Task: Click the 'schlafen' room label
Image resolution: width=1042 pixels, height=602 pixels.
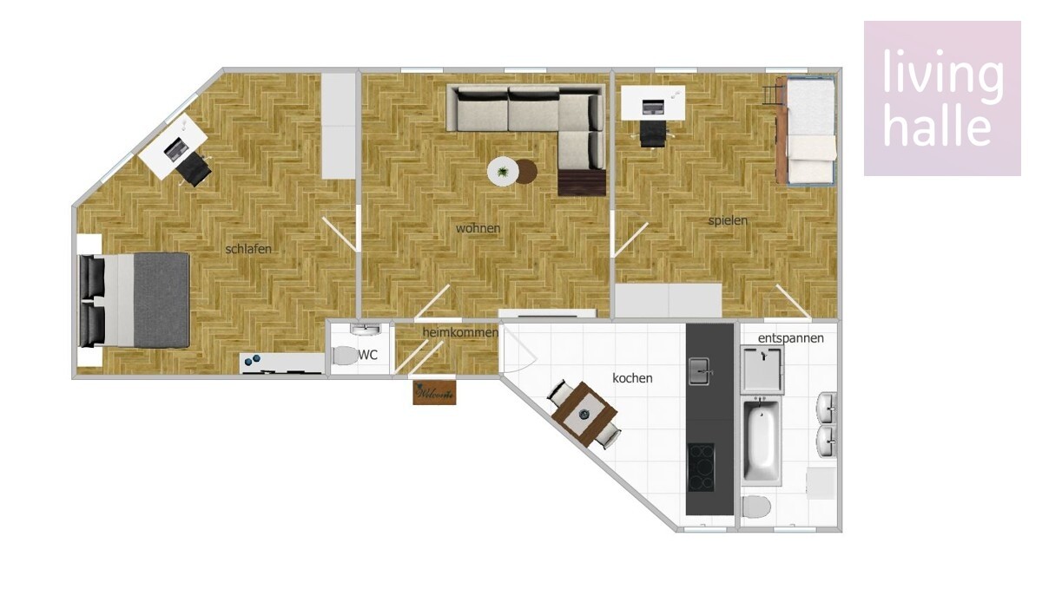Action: click(248, 249)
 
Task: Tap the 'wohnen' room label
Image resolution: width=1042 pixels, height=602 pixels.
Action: click(478, 228)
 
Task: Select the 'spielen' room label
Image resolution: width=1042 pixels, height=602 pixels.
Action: click(728, 220)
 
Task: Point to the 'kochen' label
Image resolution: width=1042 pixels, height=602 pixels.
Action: click(632, 378)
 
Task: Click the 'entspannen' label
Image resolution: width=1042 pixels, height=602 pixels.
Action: click(791, 338)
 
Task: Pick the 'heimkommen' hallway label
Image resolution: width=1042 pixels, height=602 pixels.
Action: click(460, 333)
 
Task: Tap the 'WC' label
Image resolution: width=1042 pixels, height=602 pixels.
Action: click(367, 355)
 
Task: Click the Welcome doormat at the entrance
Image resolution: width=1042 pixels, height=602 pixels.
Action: click(434, 393)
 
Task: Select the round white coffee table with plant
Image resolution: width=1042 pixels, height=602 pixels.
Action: click(503, 172)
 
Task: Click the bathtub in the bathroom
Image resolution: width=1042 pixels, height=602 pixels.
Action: click(761, 441)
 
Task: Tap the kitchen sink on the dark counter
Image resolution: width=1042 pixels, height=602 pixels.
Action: click(699, 371)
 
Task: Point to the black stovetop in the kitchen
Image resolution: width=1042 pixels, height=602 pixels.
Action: click(701, 468)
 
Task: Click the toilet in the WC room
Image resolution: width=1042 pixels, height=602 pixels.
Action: click(345, 356)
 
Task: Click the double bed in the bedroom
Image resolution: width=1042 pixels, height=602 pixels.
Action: click(135, 300)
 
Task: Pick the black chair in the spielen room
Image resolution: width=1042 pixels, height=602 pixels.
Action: click(653, 133)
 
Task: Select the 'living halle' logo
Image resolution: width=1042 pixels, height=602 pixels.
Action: click(942, 98)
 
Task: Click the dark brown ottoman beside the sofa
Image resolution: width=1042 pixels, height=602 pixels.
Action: click(582, 182)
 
